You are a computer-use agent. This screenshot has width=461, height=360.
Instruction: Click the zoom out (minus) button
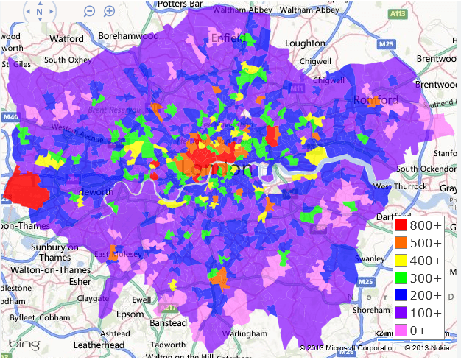(x=89, y=11)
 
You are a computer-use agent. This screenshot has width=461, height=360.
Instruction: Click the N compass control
(x=40, y=12)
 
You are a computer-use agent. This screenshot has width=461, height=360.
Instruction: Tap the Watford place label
(x=67, y=38)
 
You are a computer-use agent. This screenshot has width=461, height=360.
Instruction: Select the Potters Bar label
(x=179, y=4)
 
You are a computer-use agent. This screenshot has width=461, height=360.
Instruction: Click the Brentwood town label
(x=437, y=56)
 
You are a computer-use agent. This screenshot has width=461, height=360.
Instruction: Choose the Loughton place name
(x=305, y=43)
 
